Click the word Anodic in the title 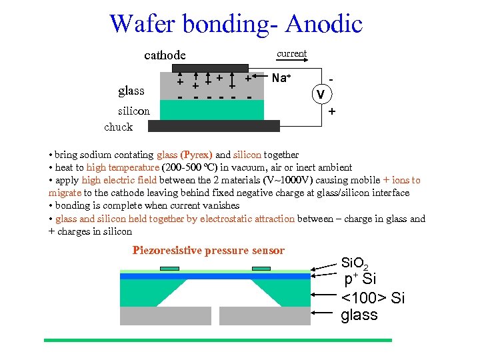[x=323, y=24]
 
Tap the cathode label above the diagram [x=165, y=55]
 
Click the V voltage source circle [x=321, y=94]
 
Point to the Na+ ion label [x=281, y=78]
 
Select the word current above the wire [x=291, y=53]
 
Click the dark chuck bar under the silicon [x=213, y=126]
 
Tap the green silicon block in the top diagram [x=213, y=109]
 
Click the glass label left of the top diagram [x=131, y=90]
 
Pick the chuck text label [x=119, y=127]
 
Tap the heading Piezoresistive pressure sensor [x=209, y=251]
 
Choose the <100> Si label [x=373, y=298]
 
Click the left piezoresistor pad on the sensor [x=169, y=269]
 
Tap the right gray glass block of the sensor [x=265, y=315]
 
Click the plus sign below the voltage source [x=331, y=113]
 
